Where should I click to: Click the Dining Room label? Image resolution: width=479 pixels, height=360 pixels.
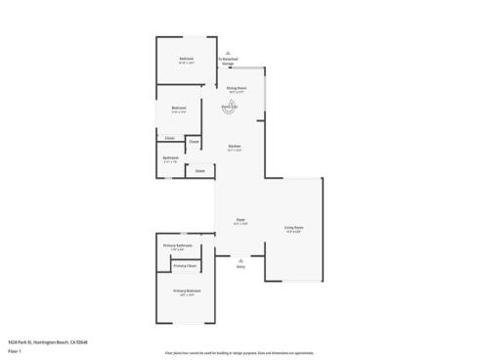tap(236, 88)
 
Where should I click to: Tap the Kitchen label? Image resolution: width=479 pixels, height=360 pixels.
tap(235, 147)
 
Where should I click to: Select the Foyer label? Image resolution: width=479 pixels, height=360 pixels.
tap(240, 221)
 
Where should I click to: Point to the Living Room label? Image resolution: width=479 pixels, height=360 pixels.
tap(293, 228)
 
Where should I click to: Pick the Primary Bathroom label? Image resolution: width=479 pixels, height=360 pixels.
tap(184, 245)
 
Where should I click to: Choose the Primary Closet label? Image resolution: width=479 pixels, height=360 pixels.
tap(185, 266)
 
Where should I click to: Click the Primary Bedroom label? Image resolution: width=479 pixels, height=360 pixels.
tap(187, 292)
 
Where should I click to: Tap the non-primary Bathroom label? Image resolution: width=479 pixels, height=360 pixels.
tap(170, 157)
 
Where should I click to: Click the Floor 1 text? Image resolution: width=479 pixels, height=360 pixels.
tap(13, 350)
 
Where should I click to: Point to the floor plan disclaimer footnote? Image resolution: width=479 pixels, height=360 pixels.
tap(239, 350)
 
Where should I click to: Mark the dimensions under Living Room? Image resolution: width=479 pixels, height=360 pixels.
tap(293, 233)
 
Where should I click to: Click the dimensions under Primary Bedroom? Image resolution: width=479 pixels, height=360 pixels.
tap(187, 296)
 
